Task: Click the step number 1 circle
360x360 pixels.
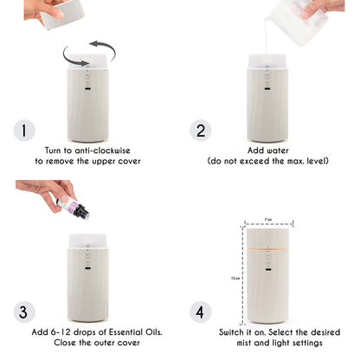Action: click(x=24, y=131)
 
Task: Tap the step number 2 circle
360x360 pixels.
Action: click(x=201, y=131)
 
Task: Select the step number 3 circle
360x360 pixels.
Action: click(x=24, y=312)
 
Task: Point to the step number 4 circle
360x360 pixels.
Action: click(x=201, y=312)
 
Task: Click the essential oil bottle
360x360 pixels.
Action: click(x=74, y=208)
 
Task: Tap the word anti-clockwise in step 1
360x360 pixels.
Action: click(x=102, y=151)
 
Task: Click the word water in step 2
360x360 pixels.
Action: click(x=278, y=151)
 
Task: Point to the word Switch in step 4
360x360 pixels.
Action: click(x=231, y=332)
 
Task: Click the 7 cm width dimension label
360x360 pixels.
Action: click(x=268, y=220)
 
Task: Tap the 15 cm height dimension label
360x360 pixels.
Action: click(x=235, y=279)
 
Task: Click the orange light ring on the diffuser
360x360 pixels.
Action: click(x=267, y=249)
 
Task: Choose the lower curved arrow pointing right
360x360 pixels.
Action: click(x=74, y=57)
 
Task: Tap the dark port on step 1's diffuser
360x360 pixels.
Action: click(x=87, y=88)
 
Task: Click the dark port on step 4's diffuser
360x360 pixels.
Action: click(x=267, y=270)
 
